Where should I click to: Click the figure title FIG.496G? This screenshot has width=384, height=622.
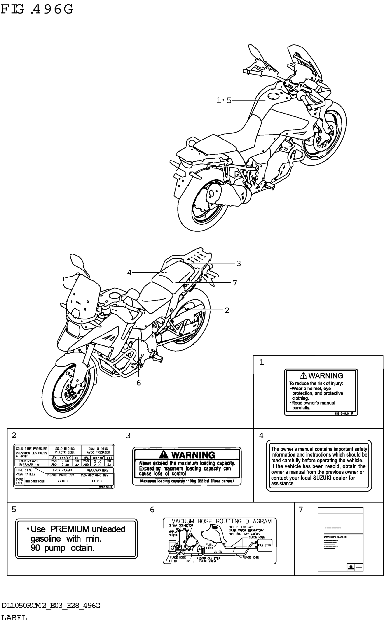click(37, 10)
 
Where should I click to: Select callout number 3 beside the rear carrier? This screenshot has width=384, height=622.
click(239, 263)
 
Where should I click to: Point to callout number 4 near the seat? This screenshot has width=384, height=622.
click(129, 273)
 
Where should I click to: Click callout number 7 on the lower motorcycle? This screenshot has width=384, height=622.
click(235, 282)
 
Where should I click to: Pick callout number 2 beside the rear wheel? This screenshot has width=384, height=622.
click(227, 310)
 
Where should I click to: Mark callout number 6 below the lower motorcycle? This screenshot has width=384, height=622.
click(139, 383)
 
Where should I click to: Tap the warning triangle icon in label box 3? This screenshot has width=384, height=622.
click(163, 454)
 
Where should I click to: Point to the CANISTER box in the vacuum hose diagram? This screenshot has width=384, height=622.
click(264, 545)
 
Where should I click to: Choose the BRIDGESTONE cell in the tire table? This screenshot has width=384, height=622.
click(35, 481)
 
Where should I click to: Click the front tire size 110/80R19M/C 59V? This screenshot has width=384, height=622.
click(60, 475)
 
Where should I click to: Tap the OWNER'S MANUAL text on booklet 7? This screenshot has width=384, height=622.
click(336, 537)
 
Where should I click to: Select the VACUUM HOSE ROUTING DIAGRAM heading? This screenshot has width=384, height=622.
click(221, 521)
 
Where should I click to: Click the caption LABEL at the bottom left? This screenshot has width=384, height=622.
click(14, 617)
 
